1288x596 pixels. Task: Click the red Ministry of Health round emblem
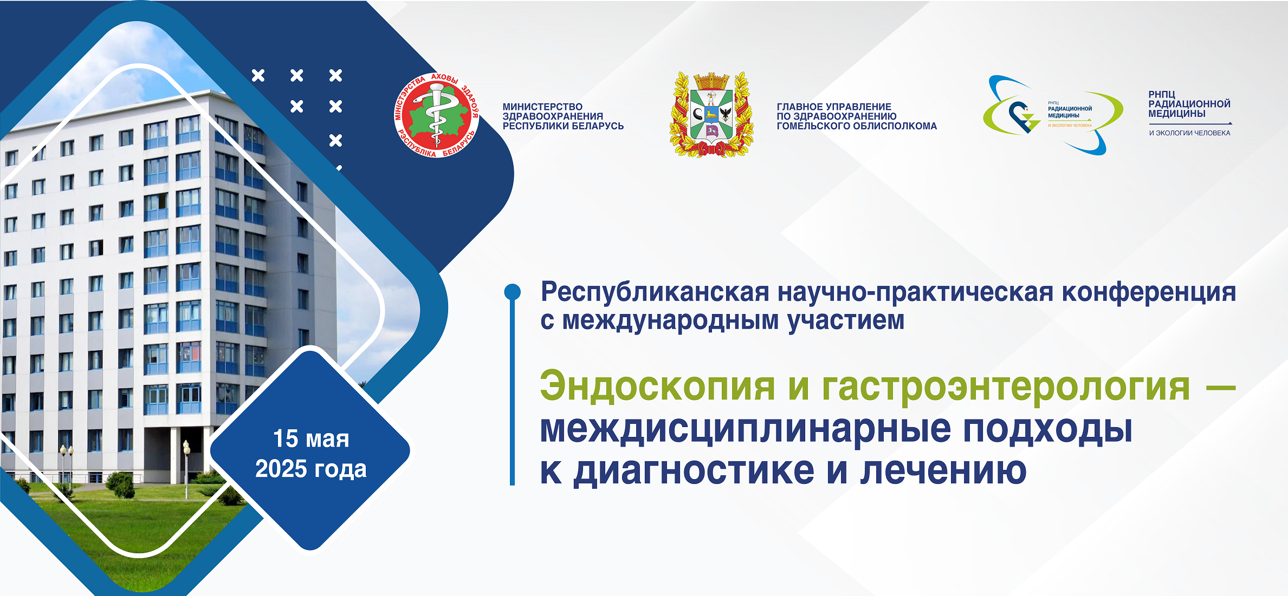[x=437, y=115]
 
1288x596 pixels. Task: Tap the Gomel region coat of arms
[x=711, y=115]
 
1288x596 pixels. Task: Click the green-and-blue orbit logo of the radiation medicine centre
[x=1053, y=115]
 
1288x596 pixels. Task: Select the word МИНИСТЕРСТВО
[x=542, y=107]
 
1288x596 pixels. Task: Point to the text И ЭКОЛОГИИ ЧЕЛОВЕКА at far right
[x=1189, y=133]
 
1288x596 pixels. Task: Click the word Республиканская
[x=655, y=292]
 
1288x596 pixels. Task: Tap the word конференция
[x=1149, y=292]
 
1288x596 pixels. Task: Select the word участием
[x=846, y=320]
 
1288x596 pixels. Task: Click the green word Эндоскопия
[x=657, y=386]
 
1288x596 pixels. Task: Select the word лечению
[x=943, y=470]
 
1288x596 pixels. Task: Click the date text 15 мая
[x=311, y=438]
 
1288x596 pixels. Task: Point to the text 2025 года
[x=311, y=469]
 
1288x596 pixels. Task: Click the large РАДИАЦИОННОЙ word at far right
[x=1189, y=104]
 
